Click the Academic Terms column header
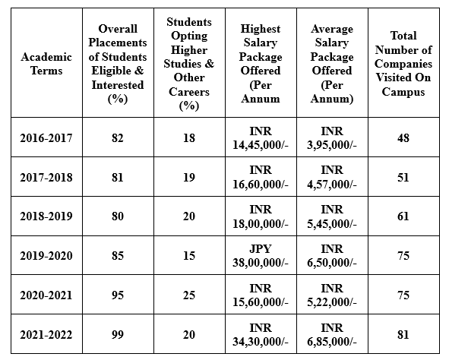(46, 64)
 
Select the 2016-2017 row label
(46, 138)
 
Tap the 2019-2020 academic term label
(46, 255)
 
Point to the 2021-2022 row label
(46, 334)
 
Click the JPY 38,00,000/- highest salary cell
(261, 255)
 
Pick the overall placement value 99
(118, 334)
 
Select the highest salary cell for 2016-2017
(261, 138)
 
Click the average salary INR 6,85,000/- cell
(332, 334)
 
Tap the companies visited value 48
(403, 138)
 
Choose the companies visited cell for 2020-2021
(403, 295)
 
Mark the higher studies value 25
(189, 295)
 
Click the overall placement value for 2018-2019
(118, 216)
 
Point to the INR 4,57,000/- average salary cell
(332, 177)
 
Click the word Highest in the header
(261, 29)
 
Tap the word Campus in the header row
(403, 92)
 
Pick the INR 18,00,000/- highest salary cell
(261, 216)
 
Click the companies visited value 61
(403, 216)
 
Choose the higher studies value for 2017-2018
(189, 177)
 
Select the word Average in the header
(332, 29)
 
